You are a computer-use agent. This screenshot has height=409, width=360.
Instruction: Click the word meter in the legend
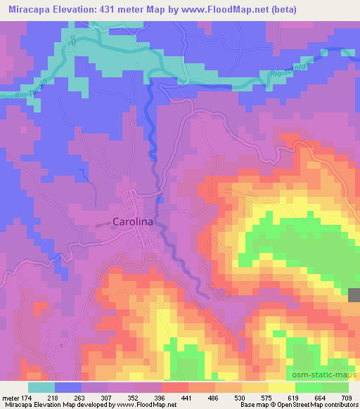[x=11, y=396]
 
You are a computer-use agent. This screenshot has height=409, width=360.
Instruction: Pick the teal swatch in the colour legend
[x=41, y=387]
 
